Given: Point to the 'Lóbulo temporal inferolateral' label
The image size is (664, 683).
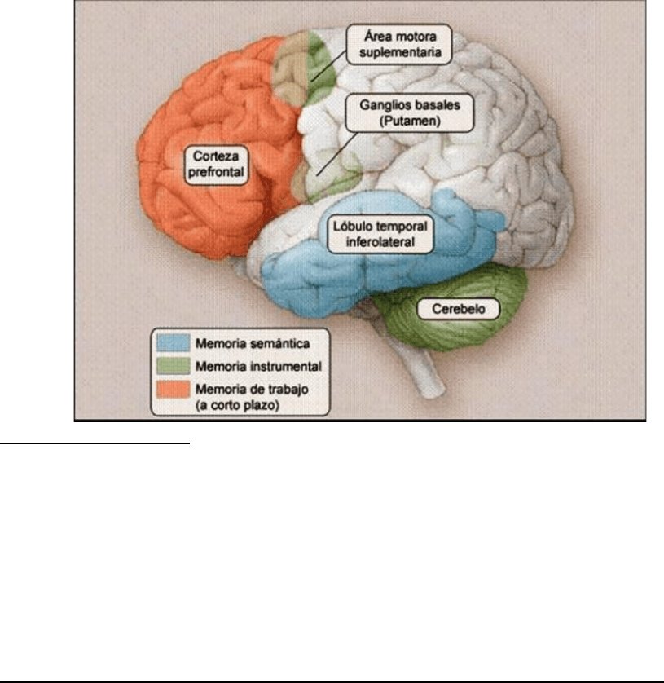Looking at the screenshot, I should tap(379, 231).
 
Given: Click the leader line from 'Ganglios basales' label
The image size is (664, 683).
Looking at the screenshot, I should tap(330, 161).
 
